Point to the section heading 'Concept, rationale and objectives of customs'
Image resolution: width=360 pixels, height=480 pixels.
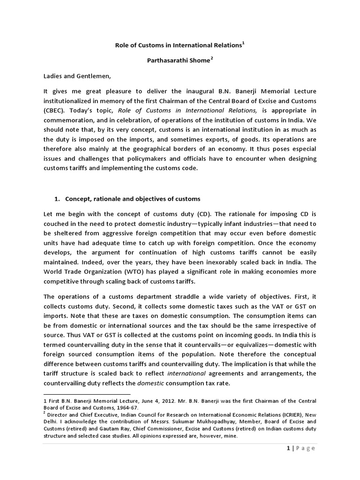tap(127, 199)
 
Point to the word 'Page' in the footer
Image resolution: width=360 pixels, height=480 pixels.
tap(306, 448)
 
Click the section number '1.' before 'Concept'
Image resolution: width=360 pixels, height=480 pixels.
tap(57, 199)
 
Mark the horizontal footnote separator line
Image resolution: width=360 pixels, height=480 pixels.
tap(87, 394)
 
